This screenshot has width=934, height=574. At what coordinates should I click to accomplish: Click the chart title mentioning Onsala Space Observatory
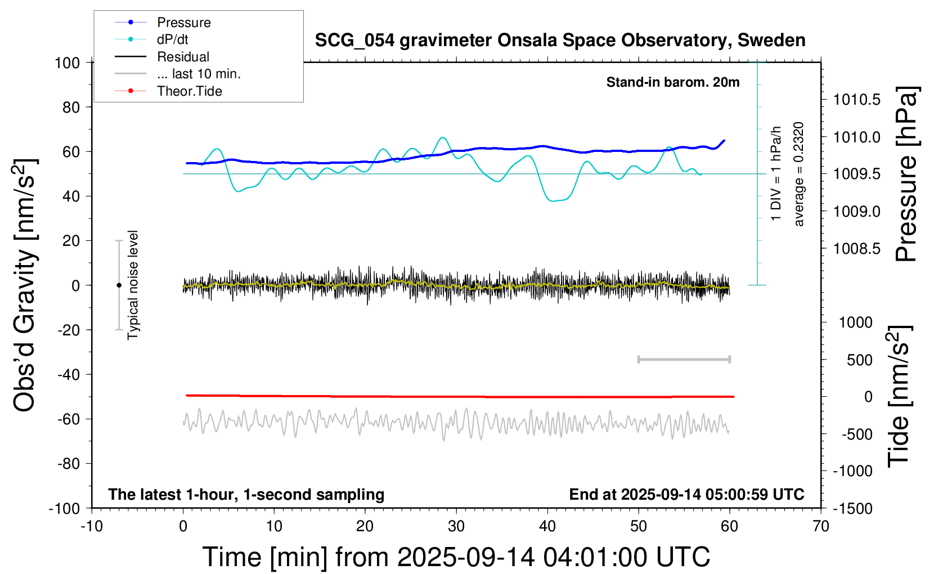(x=560, y=41)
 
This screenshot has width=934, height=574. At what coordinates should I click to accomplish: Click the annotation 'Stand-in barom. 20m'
(x=673, y=82)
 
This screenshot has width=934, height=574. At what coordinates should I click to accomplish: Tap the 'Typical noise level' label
(x=133, y=285)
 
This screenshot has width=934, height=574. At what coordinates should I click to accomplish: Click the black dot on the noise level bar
(x=119, y=285)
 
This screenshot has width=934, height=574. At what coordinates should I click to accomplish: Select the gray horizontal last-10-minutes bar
(x=684, y=360)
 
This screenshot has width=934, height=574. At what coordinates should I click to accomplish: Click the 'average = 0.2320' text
(x=799, y=174)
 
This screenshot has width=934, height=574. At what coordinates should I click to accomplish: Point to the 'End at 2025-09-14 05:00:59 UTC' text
(x=686, y=494)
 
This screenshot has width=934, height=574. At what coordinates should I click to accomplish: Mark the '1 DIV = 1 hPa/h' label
(x=776, y=173)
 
